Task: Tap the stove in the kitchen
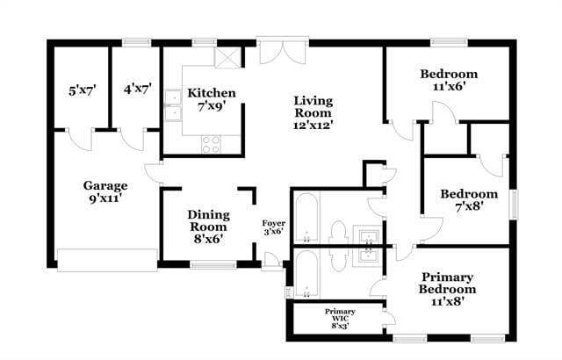[211, 142]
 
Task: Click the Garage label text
[105, 191]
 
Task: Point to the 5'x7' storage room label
[83, 89]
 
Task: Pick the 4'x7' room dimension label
[137, 89]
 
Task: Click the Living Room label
[313, 112]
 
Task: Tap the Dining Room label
[209, 226]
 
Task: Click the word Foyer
[274, 227]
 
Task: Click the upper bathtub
[306, 218]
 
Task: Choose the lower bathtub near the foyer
[306, 276]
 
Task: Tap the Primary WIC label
[340, 318]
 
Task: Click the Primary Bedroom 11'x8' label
[447, 288]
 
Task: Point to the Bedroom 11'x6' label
[448, 80]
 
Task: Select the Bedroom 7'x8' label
[469, 199]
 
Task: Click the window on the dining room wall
[213, 263]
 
